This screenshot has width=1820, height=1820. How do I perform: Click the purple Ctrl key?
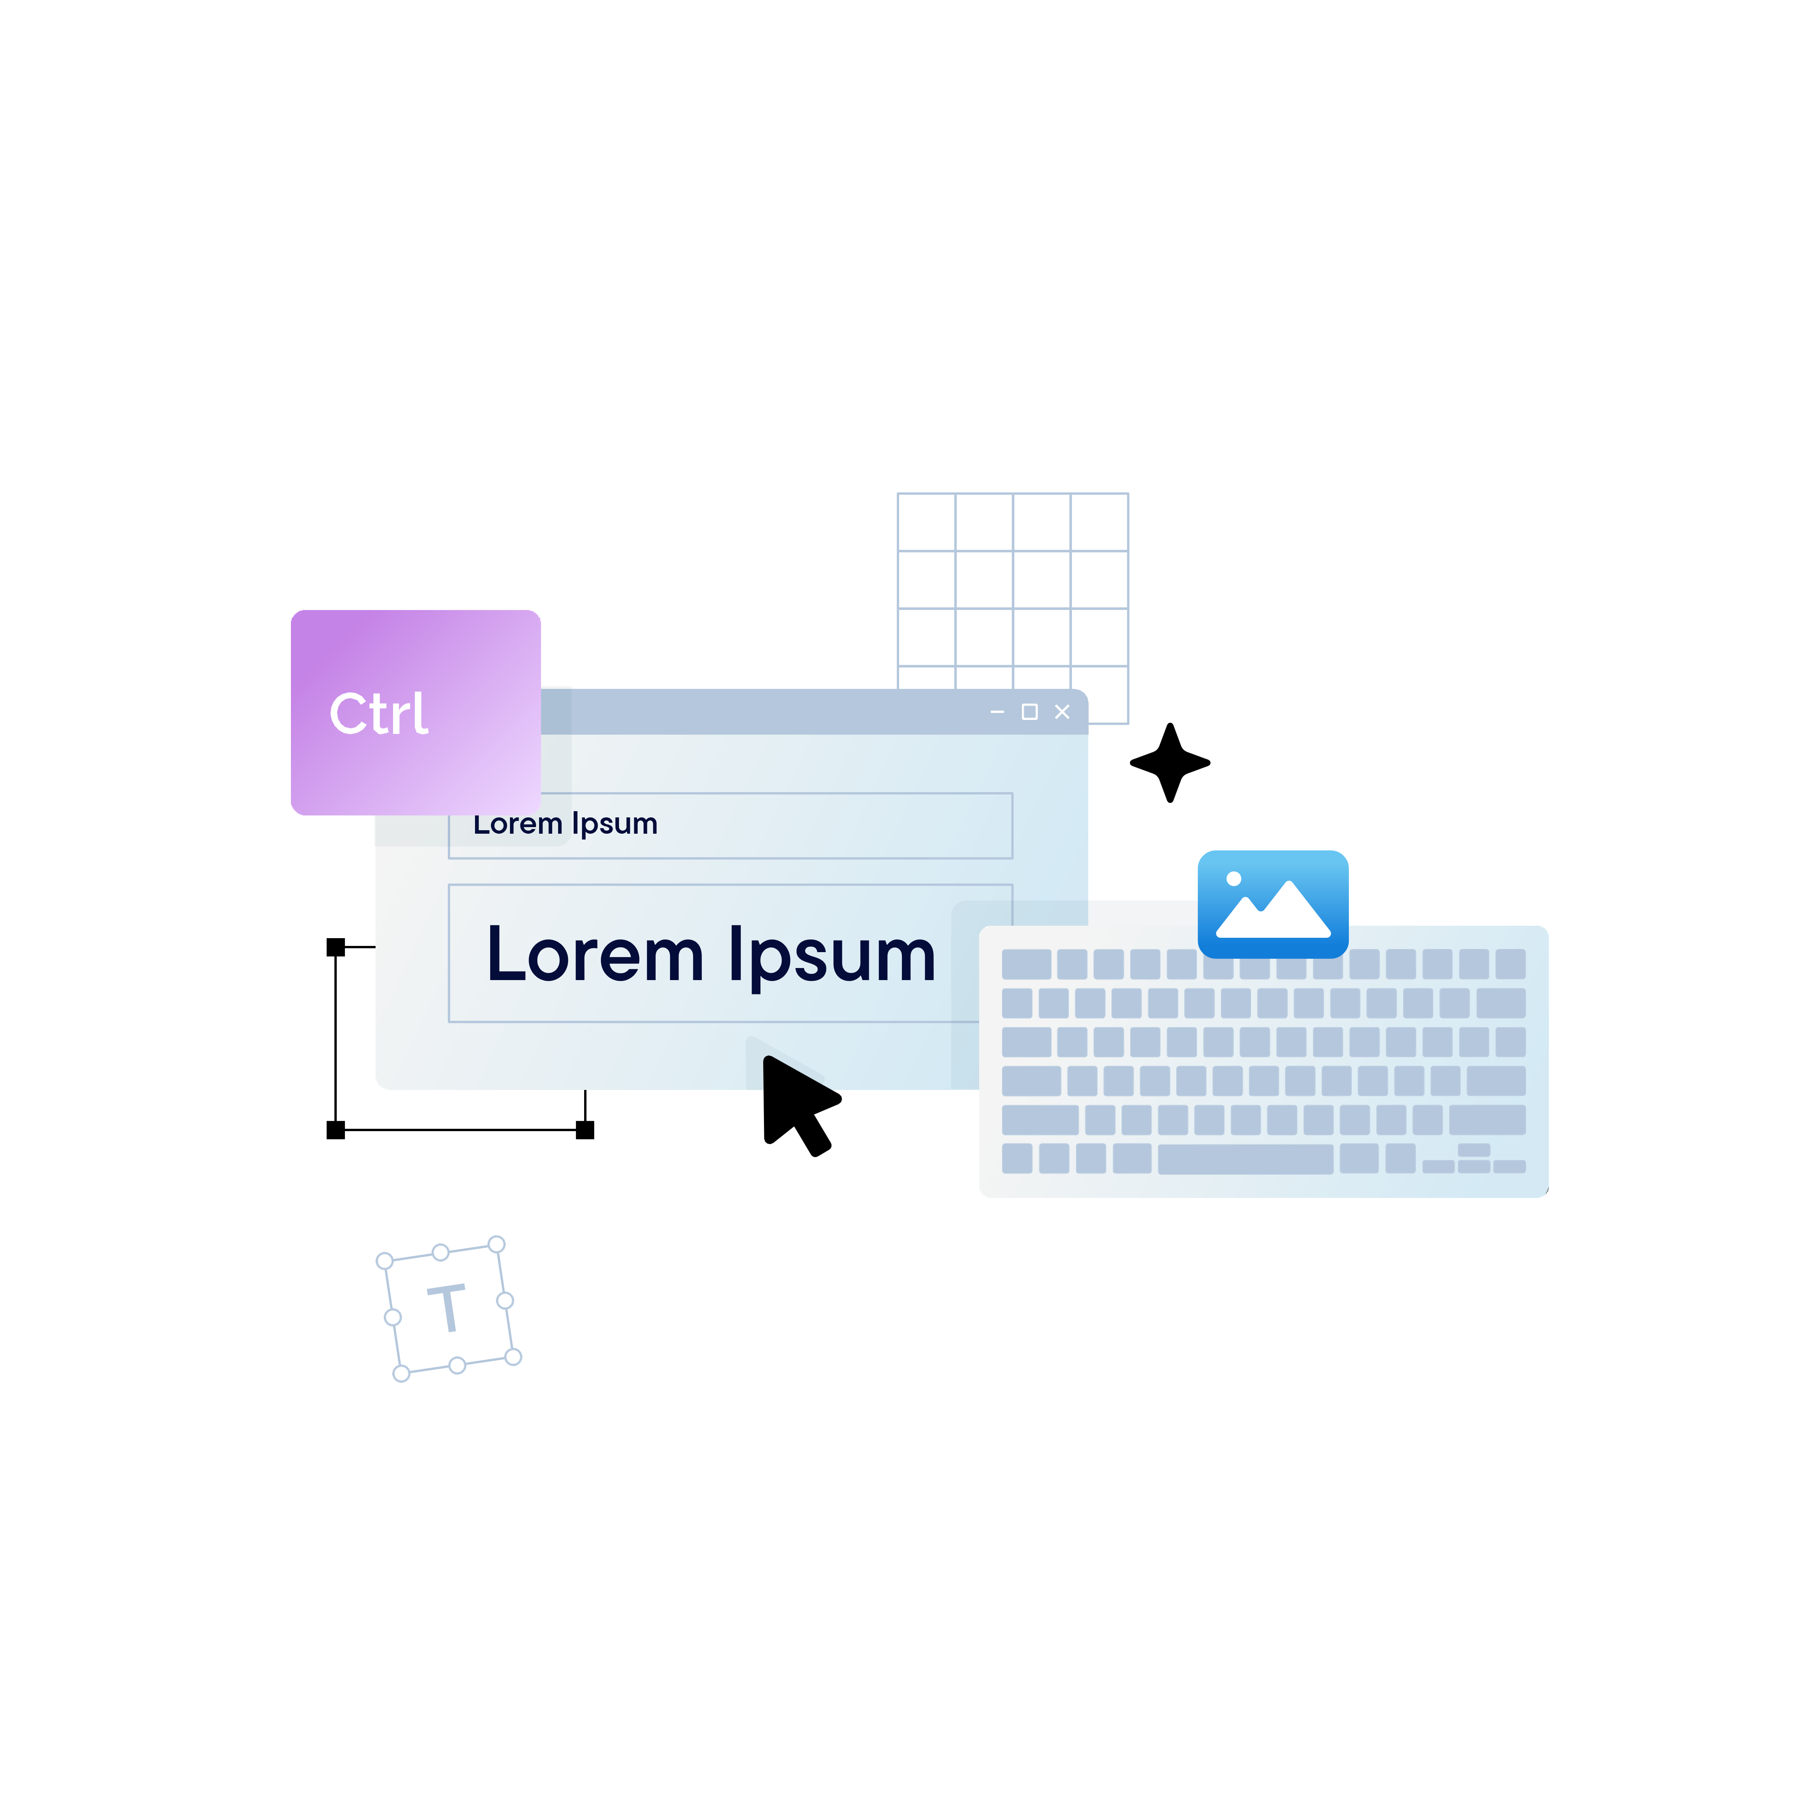[x=416, y=712]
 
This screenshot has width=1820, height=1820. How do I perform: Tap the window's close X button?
[x=1062, y=712]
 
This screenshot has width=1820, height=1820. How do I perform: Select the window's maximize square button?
[x=1030, y=712]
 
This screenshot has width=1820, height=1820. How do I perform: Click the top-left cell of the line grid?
[x=927, y=522]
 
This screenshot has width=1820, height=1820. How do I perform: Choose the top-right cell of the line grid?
[x=1100, y=522]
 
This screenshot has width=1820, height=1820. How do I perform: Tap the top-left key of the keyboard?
[x=1026, y=964]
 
